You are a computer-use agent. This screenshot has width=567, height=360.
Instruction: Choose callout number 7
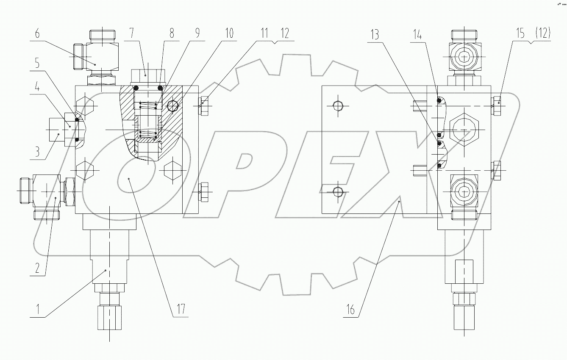pos(132,34)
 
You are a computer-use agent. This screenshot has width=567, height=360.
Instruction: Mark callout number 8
pos(172,34)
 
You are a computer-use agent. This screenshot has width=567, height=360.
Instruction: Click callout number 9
pos(198,34)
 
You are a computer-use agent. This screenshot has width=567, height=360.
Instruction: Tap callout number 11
pos(264,34)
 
